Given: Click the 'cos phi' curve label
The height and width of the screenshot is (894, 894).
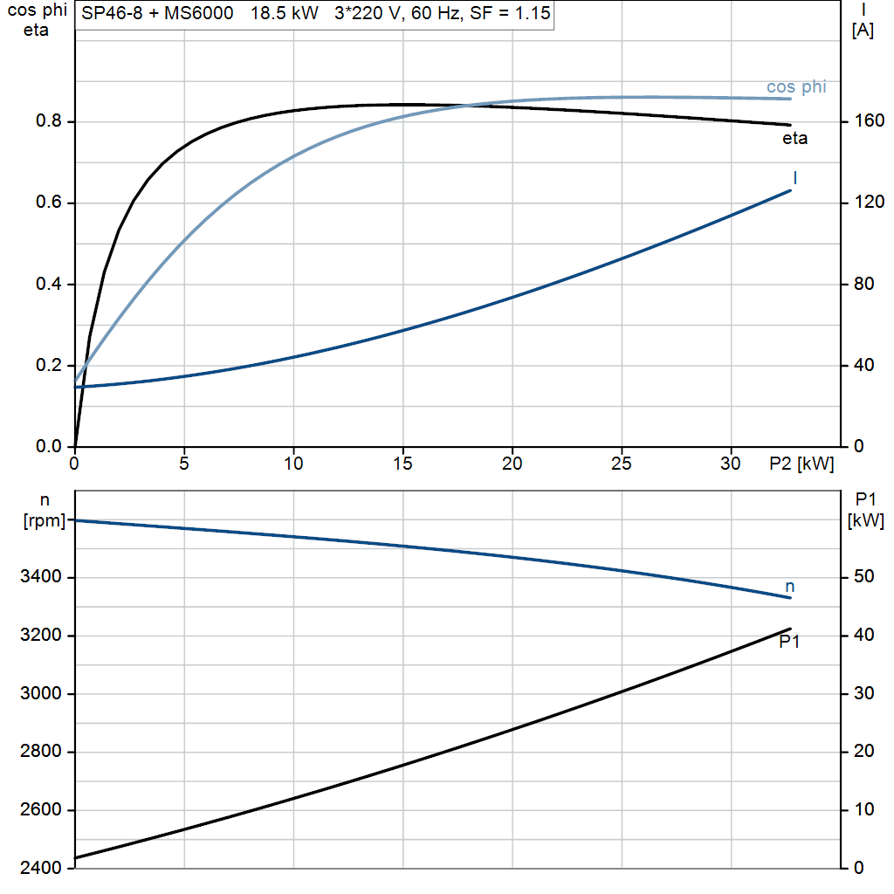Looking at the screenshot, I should pyautogui.click(x=795, y=87).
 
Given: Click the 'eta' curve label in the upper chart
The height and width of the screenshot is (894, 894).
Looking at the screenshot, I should pyautogui.click(x=794, y=138).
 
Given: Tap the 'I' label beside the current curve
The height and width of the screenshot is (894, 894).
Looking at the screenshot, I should pyautogui.click(x=795, y=178).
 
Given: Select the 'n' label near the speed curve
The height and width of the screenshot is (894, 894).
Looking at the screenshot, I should pyautogui.click(x=790, y=587).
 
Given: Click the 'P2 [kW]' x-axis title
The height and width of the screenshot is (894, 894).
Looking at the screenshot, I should pyautogui.click(x=801, y=464).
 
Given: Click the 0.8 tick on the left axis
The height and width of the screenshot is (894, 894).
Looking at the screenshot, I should pyautogui.click(x=50, y=122).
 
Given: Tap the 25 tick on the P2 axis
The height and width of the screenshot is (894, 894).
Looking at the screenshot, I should pyautogui.click(x=621, y=464).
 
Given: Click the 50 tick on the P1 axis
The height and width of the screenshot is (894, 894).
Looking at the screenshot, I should pyautogui.click(x=863, y=577).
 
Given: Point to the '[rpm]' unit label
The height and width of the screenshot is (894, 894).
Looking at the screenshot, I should pyautogui.click(x=45, y=523).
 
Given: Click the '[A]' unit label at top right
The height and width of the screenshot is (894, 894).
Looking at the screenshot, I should pyautogui.click(x=863, y=31).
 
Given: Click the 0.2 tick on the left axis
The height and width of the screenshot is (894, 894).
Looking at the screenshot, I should pyautogui.click(x=50, y=366).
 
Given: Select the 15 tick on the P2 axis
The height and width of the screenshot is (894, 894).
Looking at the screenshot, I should pyautogui.click(x=402, y=464).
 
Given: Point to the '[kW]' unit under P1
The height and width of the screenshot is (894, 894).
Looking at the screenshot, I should pyautogui.click(x=865, y=521).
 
